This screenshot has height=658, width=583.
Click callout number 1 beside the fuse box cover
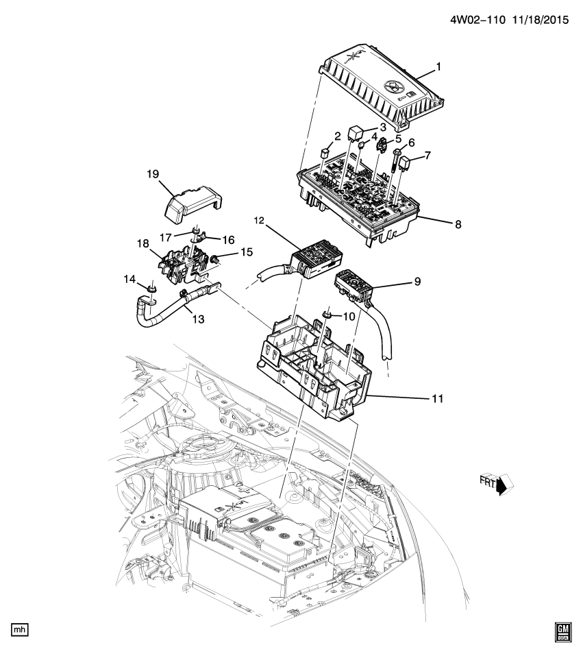click(x=438, y=69)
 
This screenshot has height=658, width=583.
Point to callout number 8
click(x=438, y=223)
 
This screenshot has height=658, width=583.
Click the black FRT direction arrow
click(x=504, y=485)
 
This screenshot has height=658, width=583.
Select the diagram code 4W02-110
click(x=477, y=21)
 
